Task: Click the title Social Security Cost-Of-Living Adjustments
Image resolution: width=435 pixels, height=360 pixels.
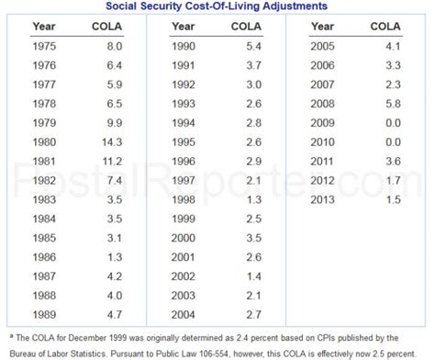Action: click(x=217, y=6)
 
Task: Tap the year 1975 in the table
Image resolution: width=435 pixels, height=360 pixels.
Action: click(x=44, y=44)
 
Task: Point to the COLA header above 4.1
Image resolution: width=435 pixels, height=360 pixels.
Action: click(x=385, y=26)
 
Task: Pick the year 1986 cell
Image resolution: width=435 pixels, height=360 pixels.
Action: click(x=44, y=257)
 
